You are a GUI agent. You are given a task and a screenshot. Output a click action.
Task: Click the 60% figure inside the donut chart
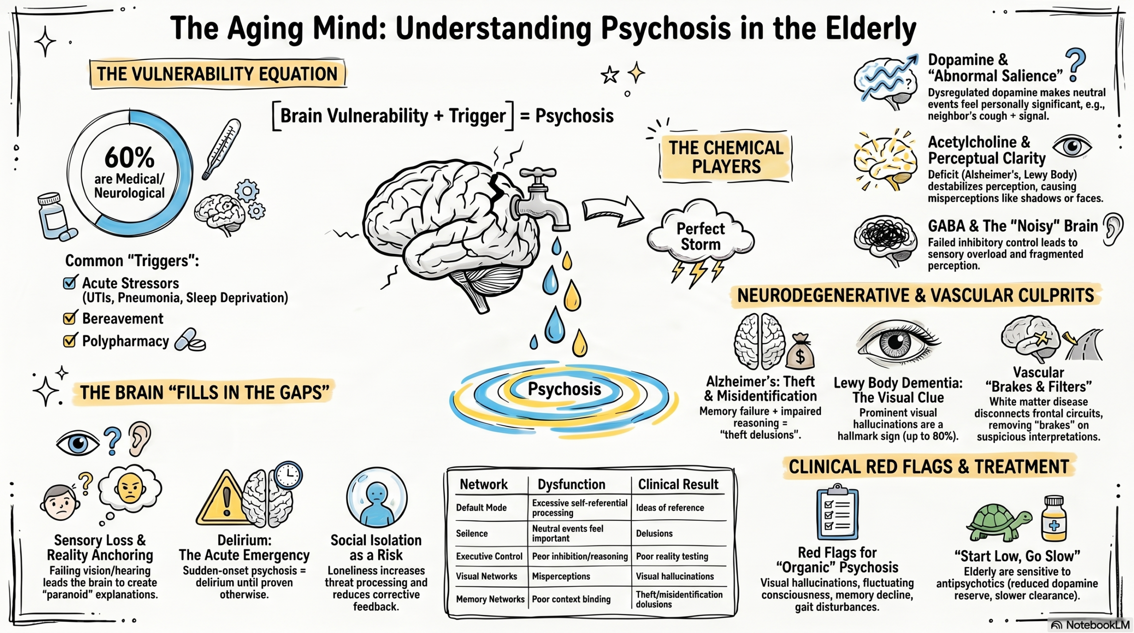[129, 157]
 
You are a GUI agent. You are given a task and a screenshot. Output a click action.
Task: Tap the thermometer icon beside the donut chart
[221, 149]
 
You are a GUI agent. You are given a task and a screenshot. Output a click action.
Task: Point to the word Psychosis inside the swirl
[564, 389]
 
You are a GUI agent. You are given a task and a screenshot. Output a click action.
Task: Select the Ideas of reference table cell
[670, 508]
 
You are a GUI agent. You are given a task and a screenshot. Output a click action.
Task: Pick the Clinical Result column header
[678, 484]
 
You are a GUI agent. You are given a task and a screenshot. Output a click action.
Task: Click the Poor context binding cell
[571, 599]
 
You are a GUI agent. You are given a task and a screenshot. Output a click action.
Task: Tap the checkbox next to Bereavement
[69, 318]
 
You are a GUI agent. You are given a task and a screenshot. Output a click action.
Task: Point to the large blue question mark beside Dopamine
[1075, 65]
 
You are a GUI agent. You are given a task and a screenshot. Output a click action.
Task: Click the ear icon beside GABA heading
[1113, 229]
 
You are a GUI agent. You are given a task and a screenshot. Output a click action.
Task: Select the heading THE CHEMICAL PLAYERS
[726, 157]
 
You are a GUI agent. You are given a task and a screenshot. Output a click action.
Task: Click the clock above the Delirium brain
[288, 475]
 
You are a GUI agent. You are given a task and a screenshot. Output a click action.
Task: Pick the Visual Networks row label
[486, 576]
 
